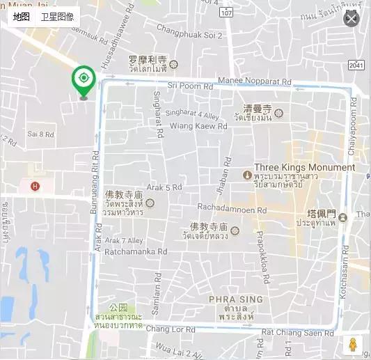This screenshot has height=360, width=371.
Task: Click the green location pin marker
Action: click(84, 80)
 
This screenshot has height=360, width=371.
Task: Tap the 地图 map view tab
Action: click(21, 17)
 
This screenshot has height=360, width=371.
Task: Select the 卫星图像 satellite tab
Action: click(57, 17)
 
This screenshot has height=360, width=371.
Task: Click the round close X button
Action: click(352, 19)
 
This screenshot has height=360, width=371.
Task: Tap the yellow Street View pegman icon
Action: click(352, 345)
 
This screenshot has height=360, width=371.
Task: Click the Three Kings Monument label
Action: click(304, 167)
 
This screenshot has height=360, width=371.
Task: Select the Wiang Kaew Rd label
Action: click(199, 127)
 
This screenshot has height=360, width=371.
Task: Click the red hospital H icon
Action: click(34, 186)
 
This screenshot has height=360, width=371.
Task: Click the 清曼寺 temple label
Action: click(257, 109)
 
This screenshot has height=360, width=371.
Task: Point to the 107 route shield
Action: click(226, 13)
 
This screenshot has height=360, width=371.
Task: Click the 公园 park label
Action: click(119, 307)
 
